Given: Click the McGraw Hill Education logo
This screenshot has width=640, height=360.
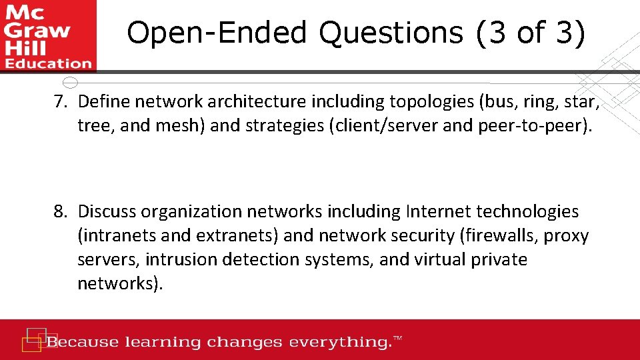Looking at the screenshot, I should (x=48, y=36).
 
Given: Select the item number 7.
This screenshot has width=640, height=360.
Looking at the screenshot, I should (x=61, y=102).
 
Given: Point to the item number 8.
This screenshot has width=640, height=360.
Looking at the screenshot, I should (x=61, y=211).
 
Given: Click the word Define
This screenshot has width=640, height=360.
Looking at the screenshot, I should (x=103, y=102).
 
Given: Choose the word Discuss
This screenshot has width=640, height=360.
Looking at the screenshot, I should (x=107, y=211).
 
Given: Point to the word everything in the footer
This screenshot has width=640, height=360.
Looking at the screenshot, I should (x=339, y=343).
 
